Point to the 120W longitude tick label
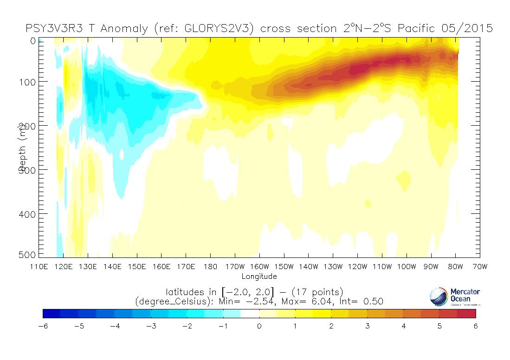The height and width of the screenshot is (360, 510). tap(357, 267)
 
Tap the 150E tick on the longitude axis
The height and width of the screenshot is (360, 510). tap(137, 267)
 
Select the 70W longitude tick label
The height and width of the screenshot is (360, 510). tap(479, 267)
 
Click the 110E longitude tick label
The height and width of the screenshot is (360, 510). tap(39, 267)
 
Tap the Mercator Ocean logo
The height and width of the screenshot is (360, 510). tap(454, 296)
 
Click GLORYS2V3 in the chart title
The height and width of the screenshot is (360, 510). tap(219, 29)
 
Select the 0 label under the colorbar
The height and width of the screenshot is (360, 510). tap(259, 326)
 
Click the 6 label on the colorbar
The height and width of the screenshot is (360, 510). tap(476, 326)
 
